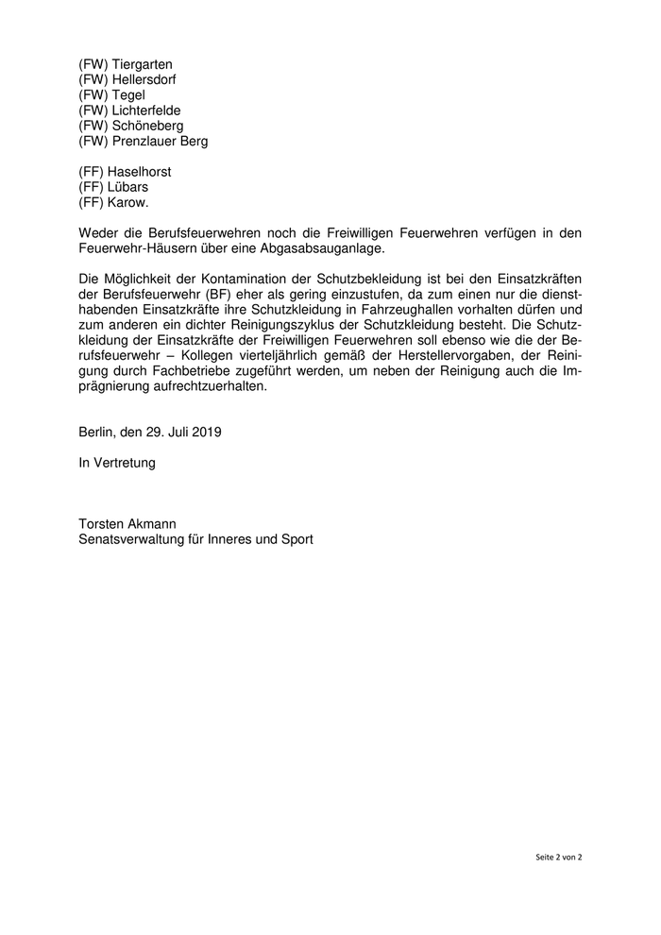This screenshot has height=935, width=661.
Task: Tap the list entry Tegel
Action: pos(129,95)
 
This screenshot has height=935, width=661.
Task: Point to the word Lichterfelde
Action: pos(146,110)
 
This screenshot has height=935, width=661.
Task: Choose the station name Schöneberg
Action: pos(147,126)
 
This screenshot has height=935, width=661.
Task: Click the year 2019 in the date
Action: pos(205,433)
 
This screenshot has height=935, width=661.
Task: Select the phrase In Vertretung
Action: pos(117,464)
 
